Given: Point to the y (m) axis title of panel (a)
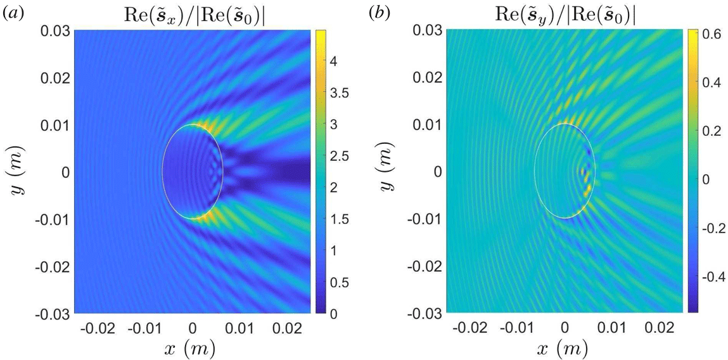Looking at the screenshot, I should tap(19, 171).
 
